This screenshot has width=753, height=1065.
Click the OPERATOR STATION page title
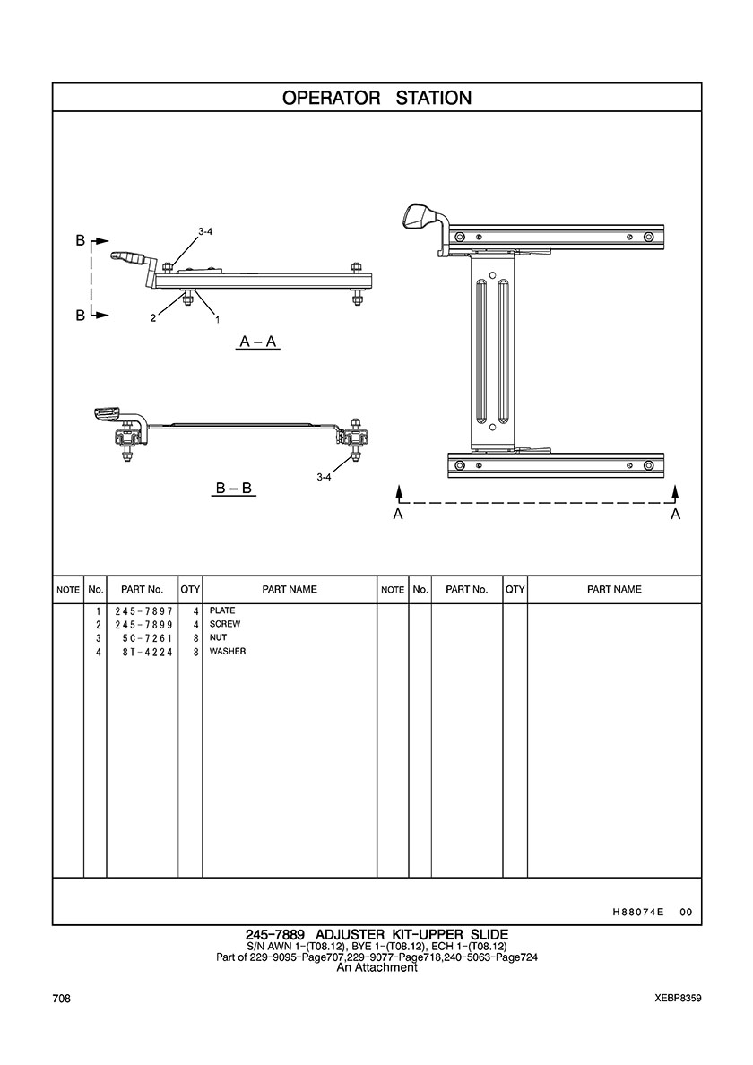coord(376,98)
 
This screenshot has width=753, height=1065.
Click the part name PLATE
coord(222,610)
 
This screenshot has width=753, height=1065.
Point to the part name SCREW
coord(225,624)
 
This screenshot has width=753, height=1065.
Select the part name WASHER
coord(228,651)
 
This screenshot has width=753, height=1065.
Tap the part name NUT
coord(219,637)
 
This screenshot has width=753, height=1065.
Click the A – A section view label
coord(258,342)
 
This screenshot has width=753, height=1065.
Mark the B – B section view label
coord(234,489)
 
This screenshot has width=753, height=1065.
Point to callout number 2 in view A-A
coord(153,318)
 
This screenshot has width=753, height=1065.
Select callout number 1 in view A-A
coord(217,318)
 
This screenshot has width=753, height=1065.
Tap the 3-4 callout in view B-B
coord(324,477)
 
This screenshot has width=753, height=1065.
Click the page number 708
coord(62,998)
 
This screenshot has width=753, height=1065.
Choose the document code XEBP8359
coord(678,998)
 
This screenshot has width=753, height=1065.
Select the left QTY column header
coord(190,590)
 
